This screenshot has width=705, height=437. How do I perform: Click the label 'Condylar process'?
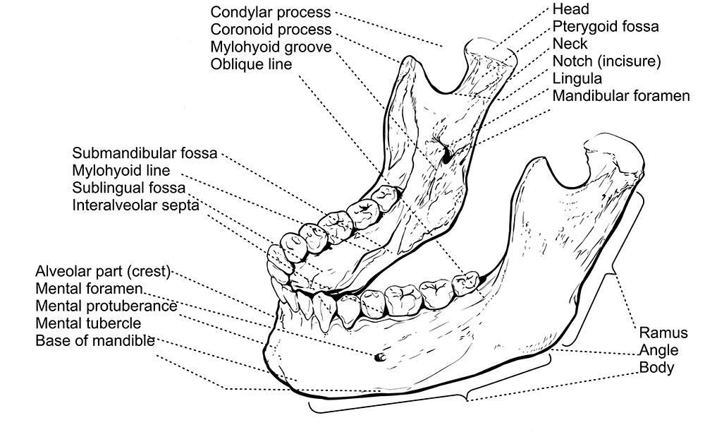(270, 12)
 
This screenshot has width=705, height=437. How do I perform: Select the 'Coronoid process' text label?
(271, 29)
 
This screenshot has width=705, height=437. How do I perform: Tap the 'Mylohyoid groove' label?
(271, 47)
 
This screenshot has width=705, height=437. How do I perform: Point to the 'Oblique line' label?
(251, 64)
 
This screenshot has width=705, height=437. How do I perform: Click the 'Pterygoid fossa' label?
(605, 26)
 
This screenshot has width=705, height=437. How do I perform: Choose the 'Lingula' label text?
(577, 78)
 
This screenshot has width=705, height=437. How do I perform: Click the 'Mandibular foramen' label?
(621, 95)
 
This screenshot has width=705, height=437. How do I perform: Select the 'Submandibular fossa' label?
(145, 153)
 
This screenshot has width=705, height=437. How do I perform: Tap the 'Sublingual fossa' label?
(128, 188)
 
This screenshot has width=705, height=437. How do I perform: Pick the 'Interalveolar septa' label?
(135, 205)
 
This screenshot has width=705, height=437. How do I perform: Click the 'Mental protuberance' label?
(106, 306)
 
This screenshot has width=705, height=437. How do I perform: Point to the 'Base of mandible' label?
(95, 341)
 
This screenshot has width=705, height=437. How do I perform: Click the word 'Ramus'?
(663, 333)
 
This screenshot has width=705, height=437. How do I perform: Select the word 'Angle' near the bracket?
(658, 351)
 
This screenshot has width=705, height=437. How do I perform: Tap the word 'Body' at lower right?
(656, 368)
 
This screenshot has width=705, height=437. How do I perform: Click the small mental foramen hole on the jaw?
(379, 357)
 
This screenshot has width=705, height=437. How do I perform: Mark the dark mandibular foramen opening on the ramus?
(448, 156)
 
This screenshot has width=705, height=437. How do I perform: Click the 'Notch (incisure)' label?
(606, 61)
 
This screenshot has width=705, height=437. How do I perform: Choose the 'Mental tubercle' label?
(88, 323)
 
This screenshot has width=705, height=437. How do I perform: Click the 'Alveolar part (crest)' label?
(103, 271)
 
